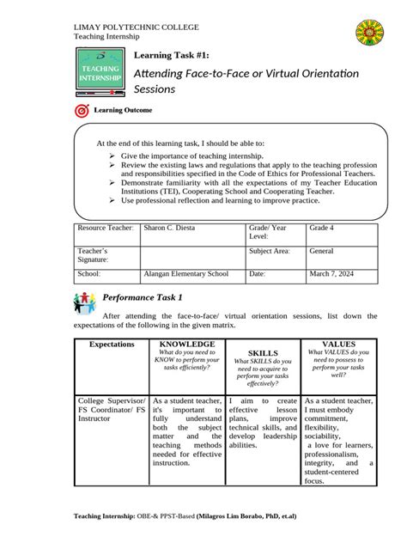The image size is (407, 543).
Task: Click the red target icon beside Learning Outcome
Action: point(82,111)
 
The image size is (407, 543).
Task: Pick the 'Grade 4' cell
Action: point(323,228)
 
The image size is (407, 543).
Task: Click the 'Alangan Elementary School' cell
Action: point(186,274)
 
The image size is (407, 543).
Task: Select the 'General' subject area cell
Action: point(323,251)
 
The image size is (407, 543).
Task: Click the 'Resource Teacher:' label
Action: point(106,228)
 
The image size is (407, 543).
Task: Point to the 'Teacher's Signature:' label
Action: point(93,255)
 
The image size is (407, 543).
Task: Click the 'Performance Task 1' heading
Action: point(143,297)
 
